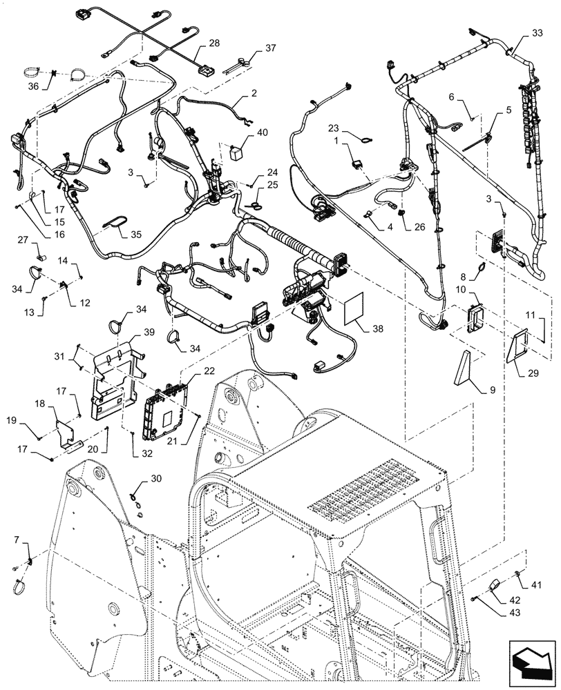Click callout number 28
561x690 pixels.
215,43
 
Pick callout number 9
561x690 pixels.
493,390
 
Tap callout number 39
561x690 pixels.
149,333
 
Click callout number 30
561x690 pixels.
156,477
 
